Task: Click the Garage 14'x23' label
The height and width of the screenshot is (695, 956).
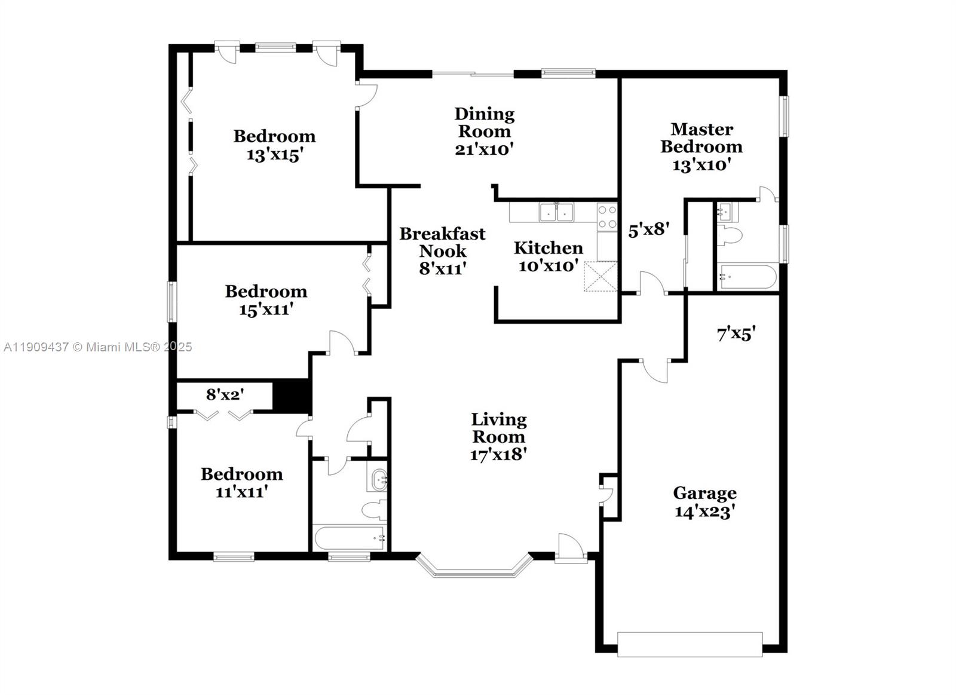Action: (x=704, y=502)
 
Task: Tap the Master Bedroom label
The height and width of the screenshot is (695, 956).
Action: (x=701, y=138)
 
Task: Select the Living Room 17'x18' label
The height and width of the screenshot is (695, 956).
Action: (x=498, y=437)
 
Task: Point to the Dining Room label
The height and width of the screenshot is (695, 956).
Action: (x=484, y=123)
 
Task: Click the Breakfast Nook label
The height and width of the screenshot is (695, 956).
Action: (x=442, y=242)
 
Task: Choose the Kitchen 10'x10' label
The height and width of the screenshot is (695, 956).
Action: (x=548, y=256)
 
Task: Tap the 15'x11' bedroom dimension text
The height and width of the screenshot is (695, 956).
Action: (x=265, y=310)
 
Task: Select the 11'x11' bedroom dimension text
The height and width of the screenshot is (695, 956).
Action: (x=241, y=492)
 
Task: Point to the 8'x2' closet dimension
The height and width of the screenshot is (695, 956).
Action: (x=225, y=394)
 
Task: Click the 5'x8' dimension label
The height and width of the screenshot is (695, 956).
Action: (x=648, y=229)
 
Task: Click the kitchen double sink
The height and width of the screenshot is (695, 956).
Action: (x=556, y=212)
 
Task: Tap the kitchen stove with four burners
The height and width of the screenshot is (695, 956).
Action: (x=607, y=217)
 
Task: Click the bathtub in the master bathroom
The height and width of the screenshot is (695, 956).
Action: (x=747, y=277)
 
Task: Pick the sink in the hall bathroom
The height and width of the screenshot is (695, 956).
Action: (x=378, y=480)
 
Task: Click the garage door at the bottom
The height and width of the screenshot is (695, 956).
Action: (x=690, y=644)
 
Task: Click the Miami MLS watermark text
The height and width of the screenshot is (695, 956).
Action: (x=97, y=347)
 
